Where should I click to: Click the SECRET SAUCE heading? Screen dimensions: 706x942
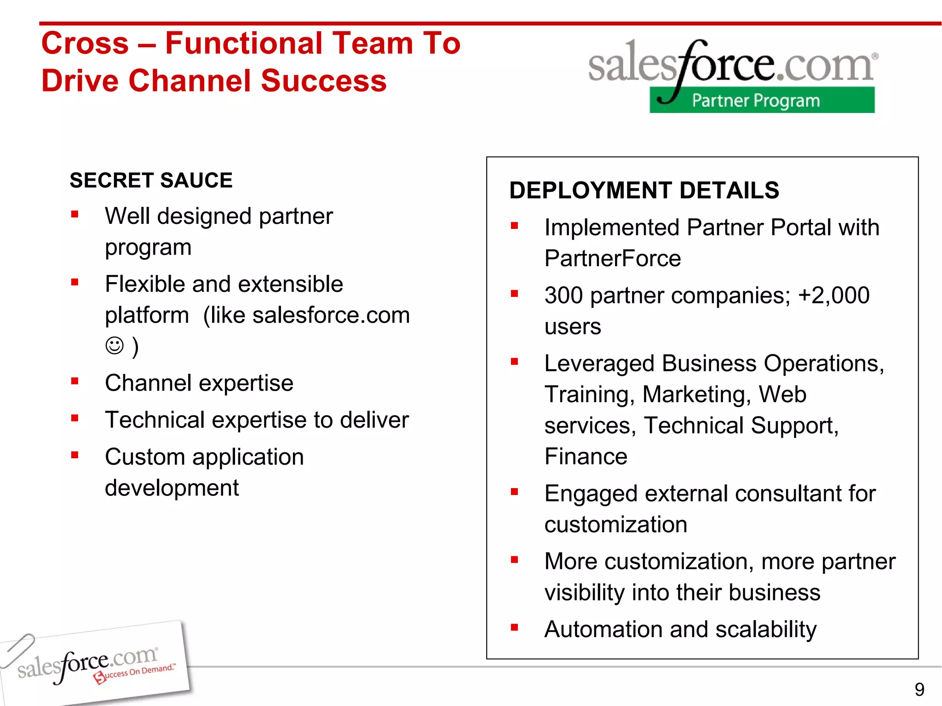[x=151, y=180]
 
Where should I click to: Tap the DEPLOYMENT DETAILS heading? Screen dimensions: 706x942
[x=644, y=190]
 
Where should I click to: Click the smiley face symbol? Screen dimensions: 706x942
[x=115, y=346]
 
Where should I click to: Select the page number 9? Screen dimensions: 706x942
[x=919, y=689]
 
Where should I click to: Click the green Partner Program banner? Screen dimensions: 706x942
[x=762, y=100]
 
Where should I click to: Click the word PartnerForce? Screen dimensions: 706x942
[x=612, y=258]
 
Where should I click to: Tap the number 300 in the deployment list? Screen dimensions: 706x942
[x=563, y=295]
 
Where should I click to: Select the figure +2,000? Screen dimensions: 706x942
[x=834, y=295]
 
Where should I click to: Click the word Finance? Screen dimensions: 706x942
[x=586, y=456]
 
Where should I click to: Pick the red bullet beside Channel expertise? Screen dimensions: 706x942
[x=75, y=381]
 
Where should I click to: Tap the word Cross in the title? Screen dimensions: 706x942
[x=85, y=44]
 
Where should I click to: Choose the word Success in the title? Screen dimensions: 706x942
[x=323, y=81]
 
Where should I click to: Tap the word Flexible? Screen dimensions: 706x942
[x=145, y=284]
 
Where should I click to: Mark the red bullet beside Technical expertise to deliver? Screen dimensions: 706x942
[x=75, y=418]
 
